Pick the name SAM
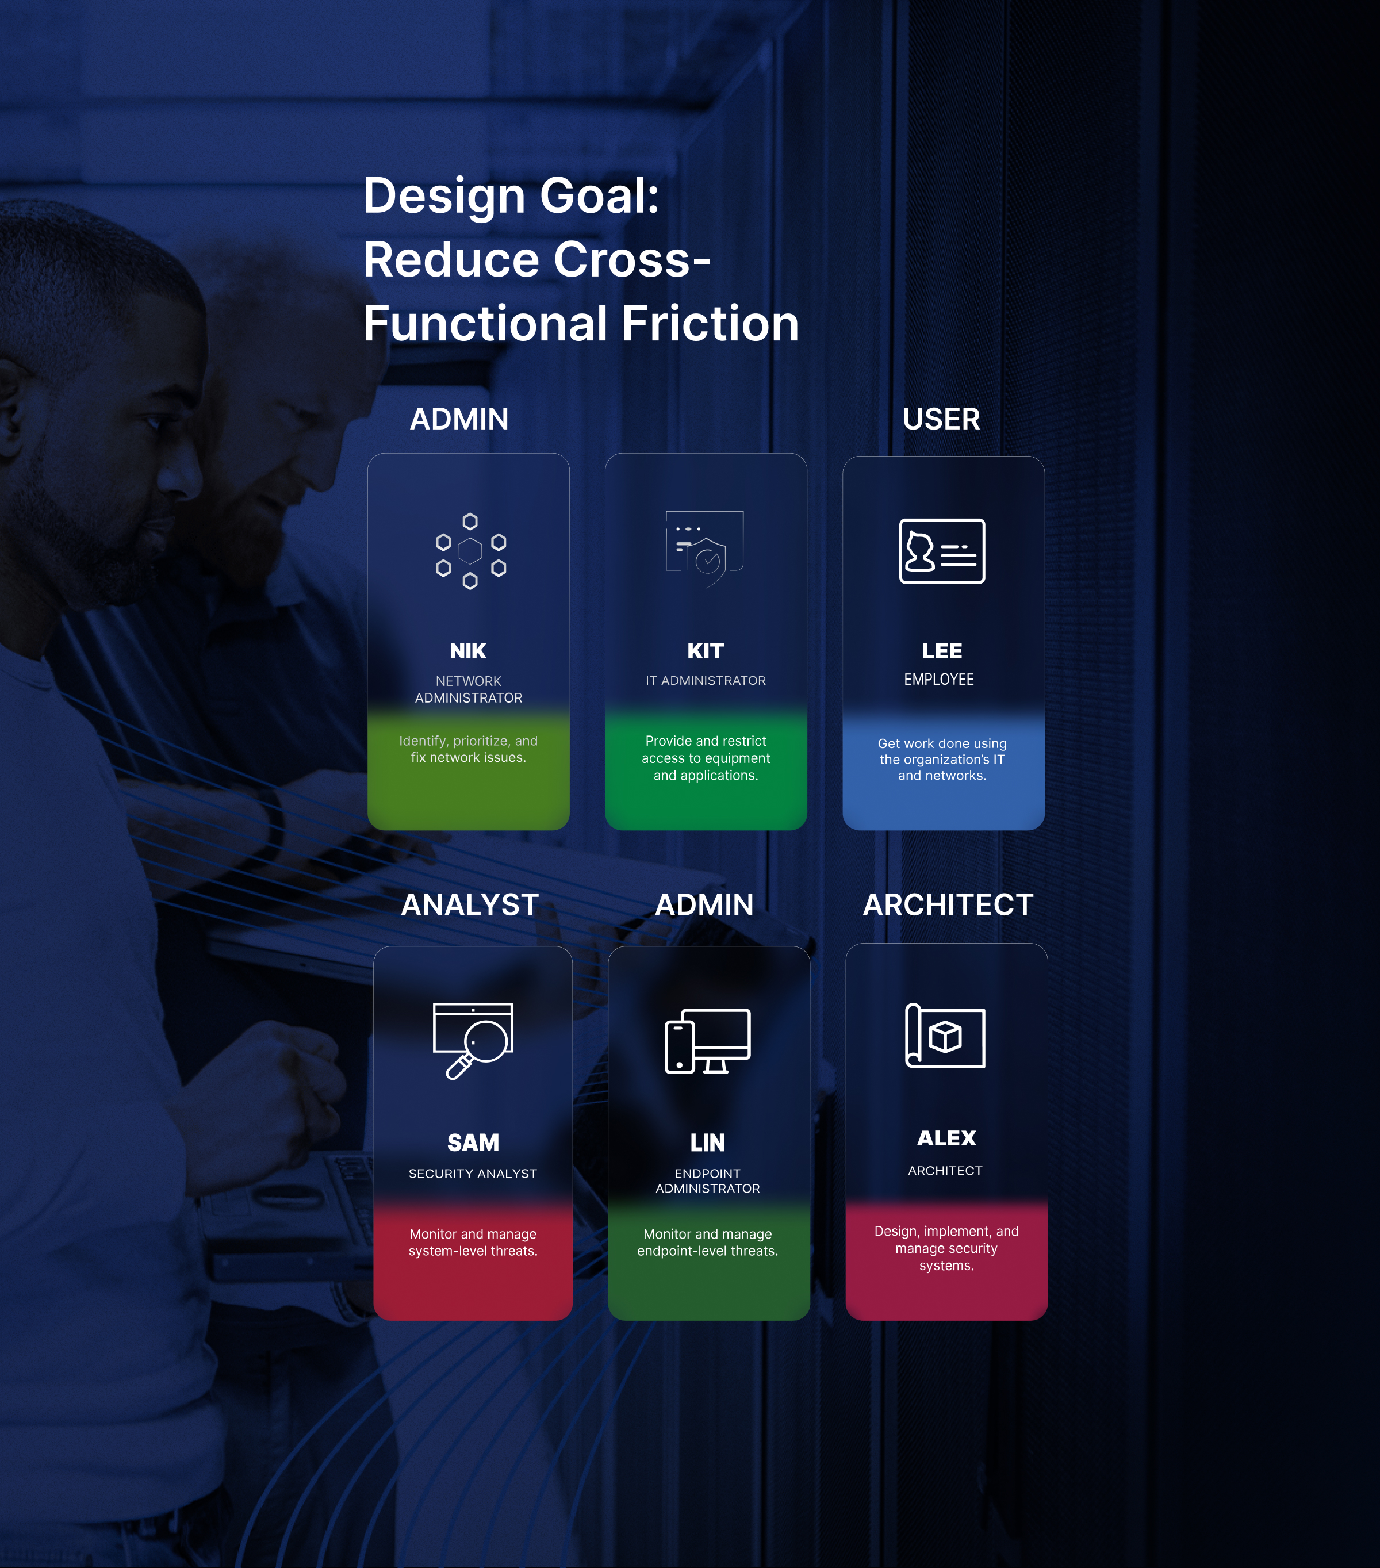[473, 1143]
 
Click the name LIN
[707, 1143]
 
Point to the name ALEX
[946, 1138]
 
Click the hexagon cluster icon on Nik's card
[470, 551]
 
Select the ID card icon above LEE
[941, 551]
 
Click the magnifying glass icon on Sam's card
[473, 1040]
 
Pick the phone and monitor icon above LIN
[707, 1041]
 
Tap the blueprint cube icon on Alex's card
[945, 1036]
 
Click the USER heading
[941, 419]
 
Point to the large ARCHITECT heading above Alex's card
[948, 904]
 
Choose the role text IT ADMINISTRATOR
[705, 680]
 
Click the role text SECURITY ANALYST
[473, 1173]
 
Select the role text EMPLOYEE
[938, 679]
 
